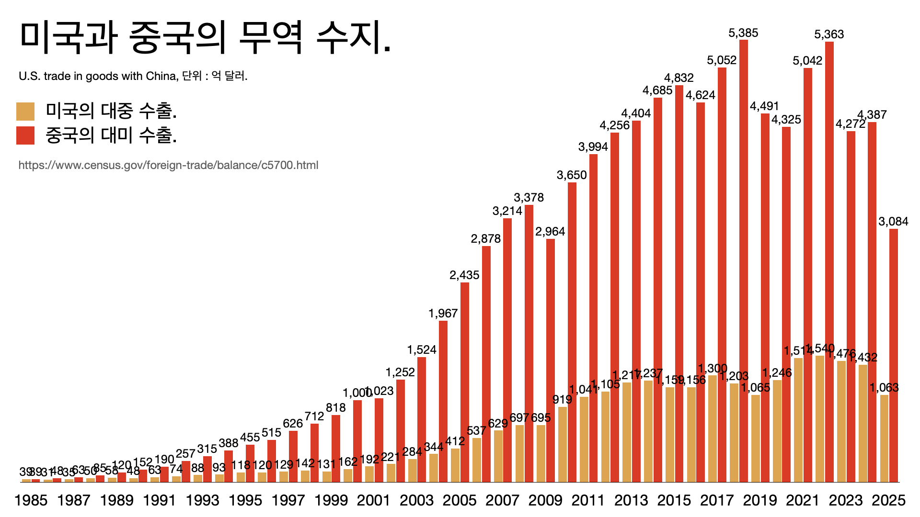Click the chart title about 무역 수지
pos(205,37)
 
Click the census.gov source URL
pos(168,165)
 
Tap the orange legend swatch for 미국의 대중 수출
pos(25,111)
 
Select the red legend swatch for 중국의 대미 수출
pos(25,135)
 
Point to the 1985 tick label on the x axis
pos(31,500)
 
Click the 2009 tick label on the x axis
pos(545,500)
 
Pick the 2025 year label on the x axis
pos(888,500)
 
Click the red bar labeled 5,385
pos(744,261)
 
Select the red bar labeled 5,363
pos(829,262)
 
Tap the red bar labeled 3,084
pos(894,355)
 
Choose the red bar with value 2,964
pos(551,360)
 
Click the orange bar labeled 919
pos(563,444)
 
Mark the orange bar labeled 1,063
pos(884,438)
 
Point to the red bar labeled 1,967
pos(443,401)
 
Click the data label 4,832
pos(678,78)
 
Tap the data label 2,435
pos(464,275)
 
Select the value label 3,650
pos(572,175)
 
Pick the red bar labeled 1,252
pos(401,430)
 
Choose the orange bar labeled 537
pos(476,460)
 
